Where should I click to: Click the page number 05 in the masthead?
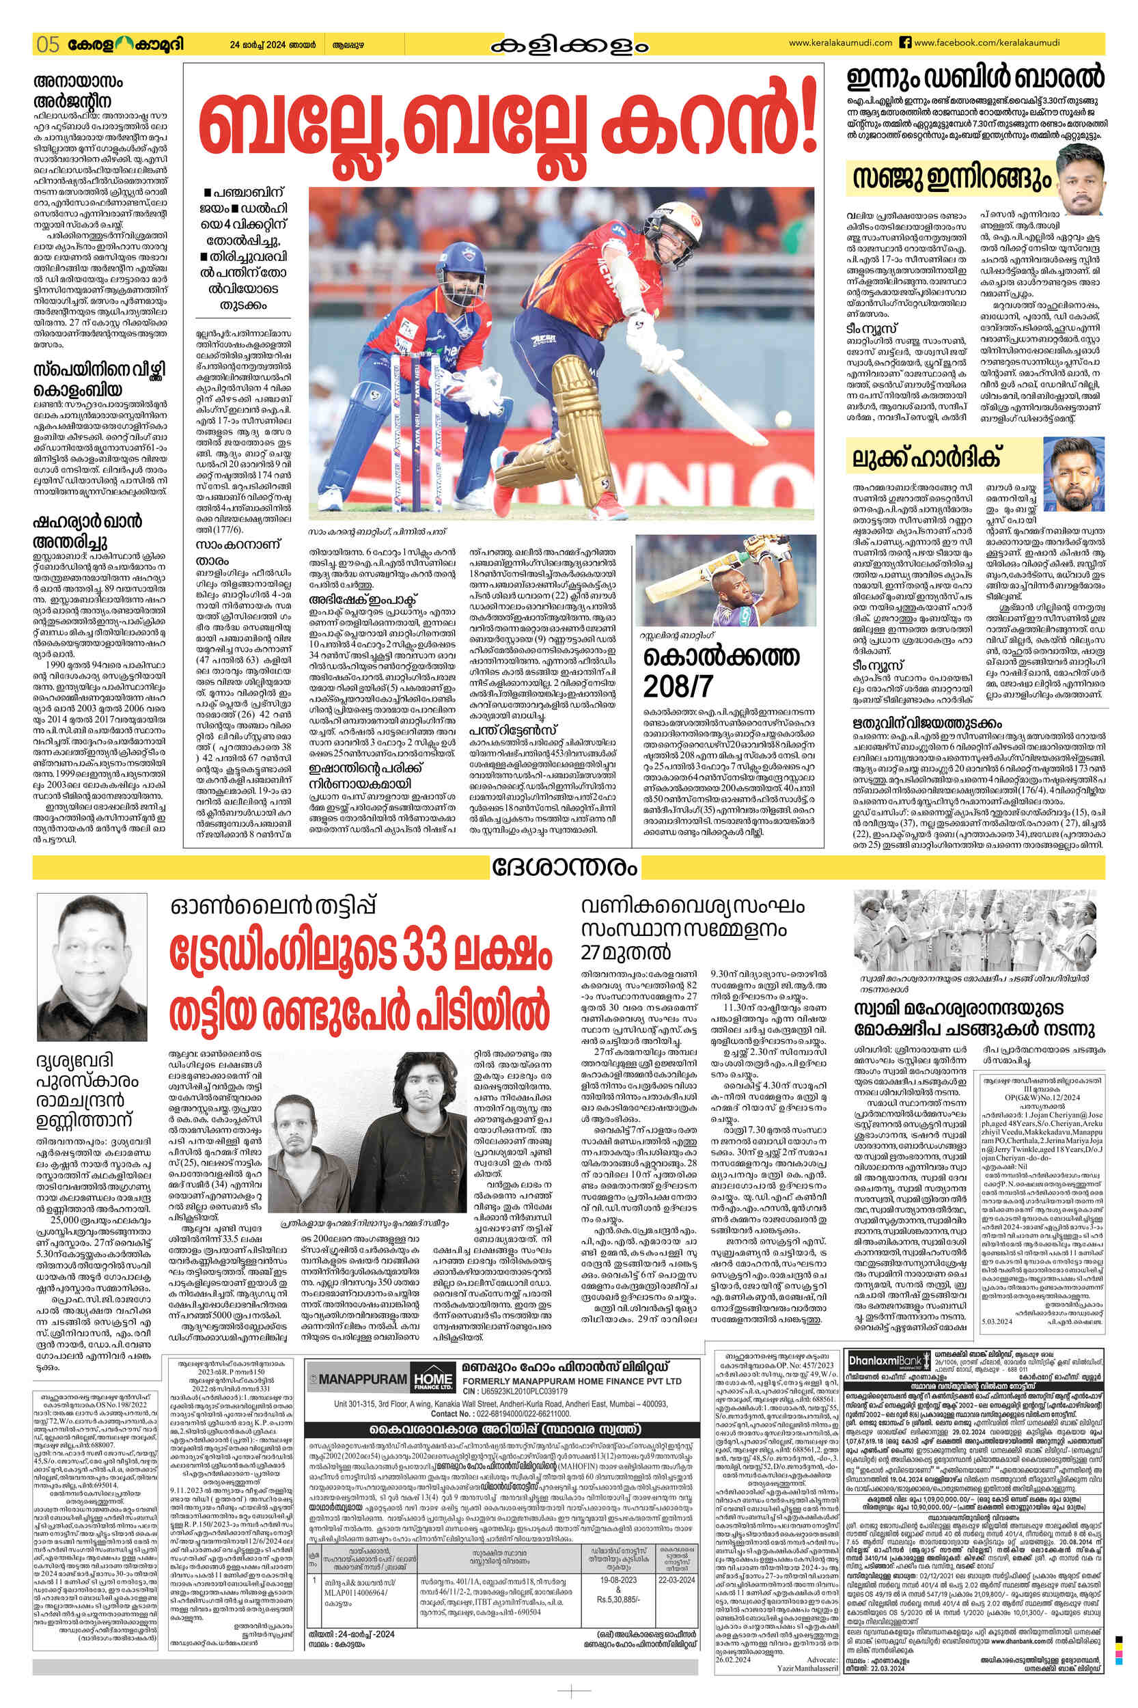point(46,44)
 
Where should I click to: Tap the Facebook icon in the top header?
point(905,43)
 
